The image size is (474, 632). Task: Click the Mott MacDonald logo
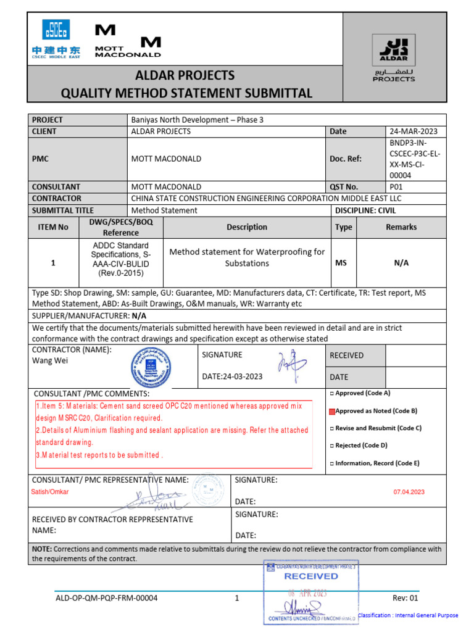coord(127,41)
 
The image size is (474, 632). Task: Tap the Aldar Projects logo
coord(394,59)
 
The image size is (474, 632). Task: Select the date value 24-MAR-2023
coord(412,131)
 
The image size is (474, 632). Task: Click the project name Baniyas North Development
coord(197,120)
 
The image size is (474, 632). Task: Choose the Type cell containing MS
coord(341,263)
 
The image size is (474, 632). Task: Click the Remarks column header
coord(401,227)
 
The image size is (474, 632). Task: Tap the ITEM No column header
coord(53,227)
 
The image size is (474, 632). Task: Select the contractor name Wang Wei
coord(50,360)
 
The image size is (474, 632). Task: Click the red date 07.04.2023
coord(409,492)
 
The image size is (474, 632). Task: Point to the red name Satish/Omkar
coord(51,492)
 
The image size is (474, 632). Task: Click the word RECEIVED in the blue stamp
coord(310,576)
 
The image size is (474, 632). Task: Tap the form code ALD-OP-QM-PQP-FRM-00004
coord(106,598)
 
